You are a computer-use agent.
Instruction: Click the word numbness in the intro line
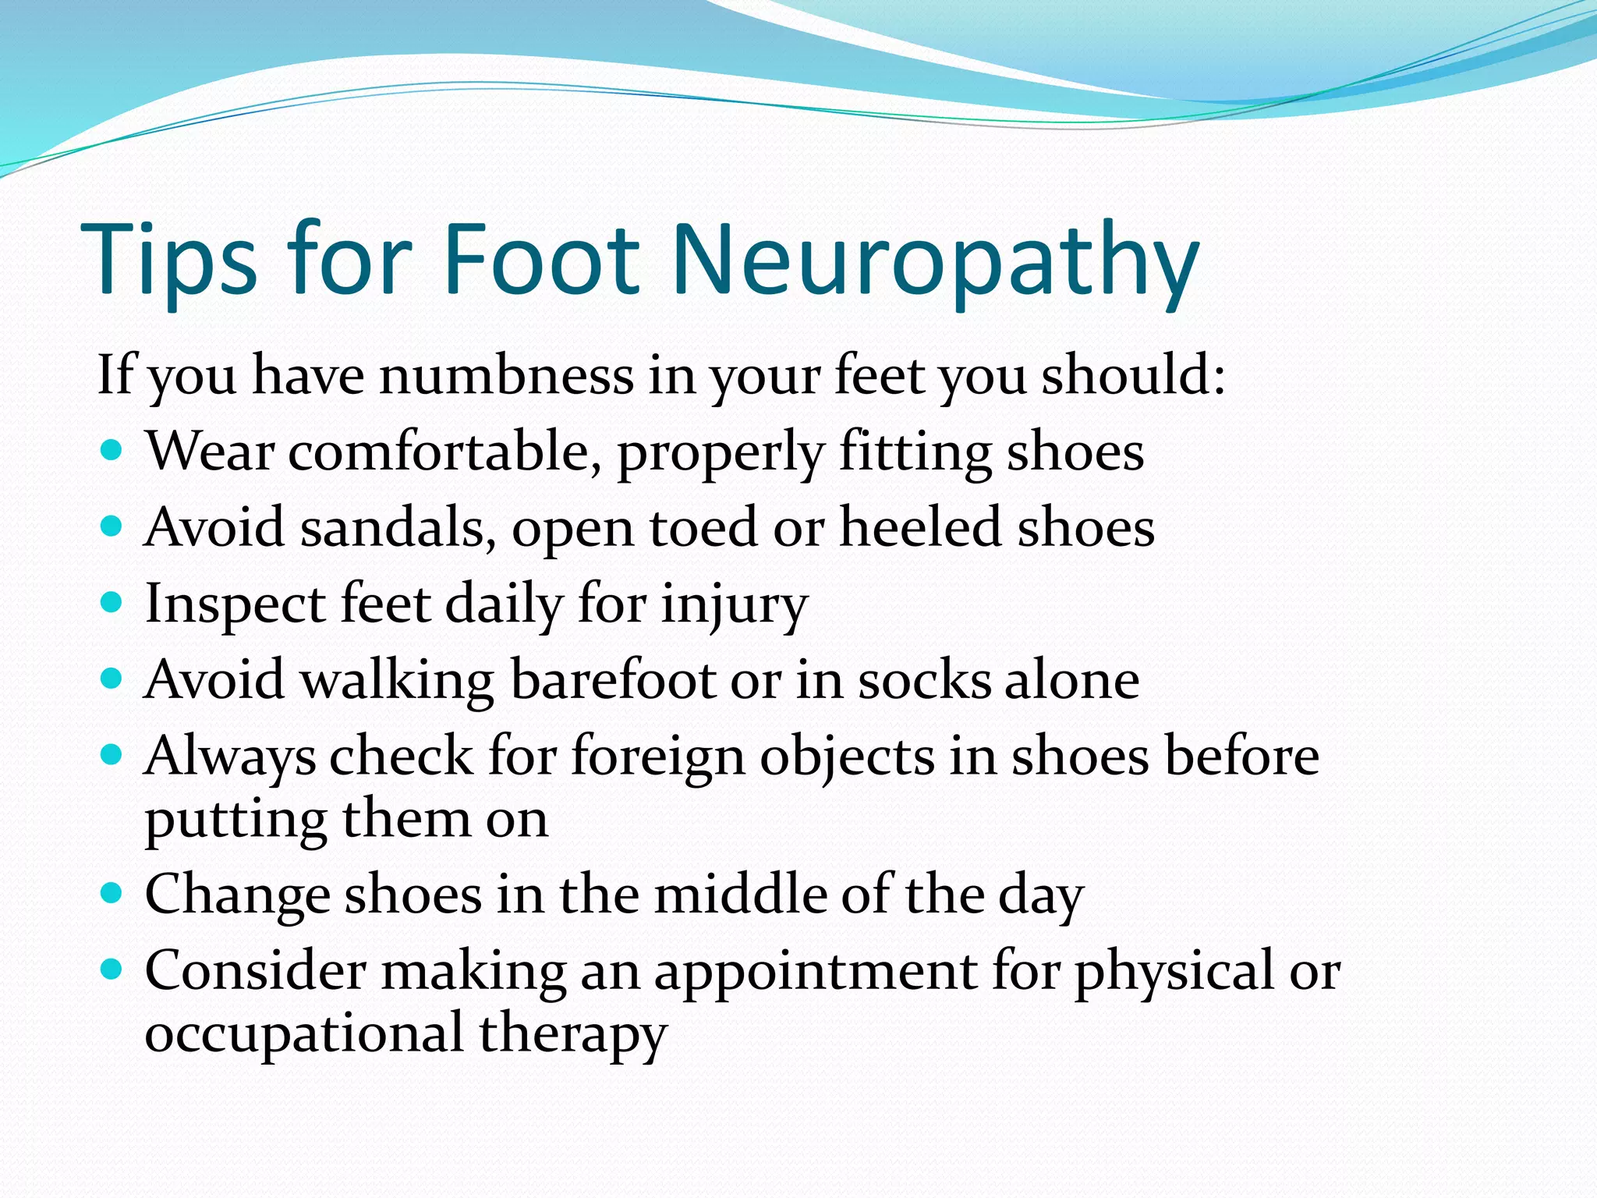click(506, 375)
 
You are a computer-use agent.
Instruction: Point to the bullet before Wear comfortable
click(112, 450)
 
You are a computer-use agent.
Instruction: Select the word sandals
click(398, 528)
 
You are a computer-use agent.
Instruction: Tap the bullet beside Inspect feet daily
click(112, 602)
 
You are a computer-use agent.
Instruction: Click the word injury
click(734, 604)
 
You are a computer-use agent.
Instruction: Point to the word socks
click(923, 679)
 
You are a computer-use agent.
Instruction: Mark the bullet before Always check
click(112, 754)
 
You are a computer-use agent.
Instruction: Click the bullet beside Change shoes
click(112, 892)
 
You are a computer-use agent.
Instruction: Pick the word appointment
click(816, 972)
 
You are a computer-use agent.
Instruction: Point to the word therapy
click(572, 1034)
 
